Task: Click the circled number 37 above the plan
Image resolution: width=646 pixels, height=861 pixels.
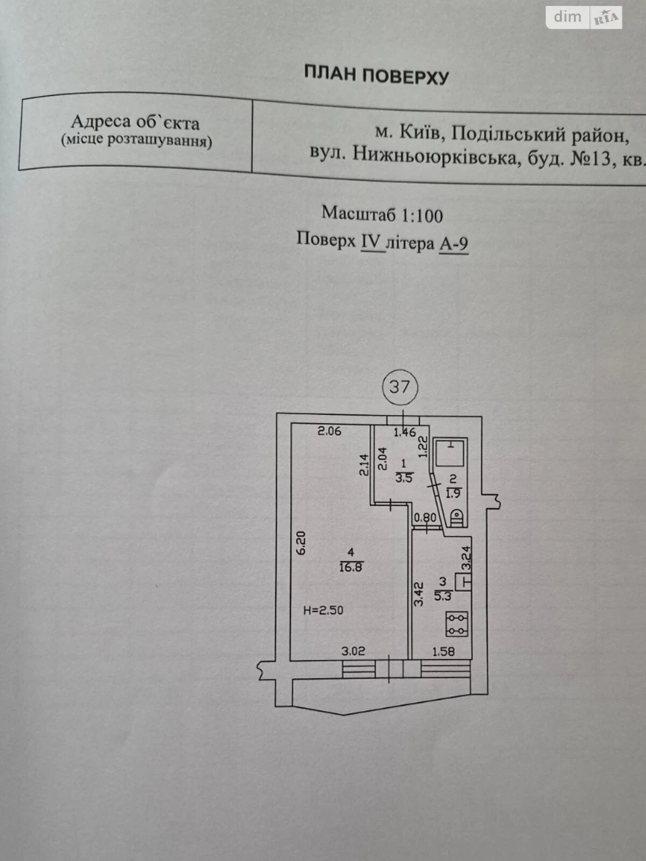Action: coord(400,387)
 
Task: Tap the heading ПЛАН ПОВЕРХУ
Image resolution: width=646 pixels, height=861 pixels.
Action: coord(377,75)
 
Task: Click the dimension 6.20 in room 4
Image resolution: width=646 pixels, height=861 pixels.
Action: coord(300,543)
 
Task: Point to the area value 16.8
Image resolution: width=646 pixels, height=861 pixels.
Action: coord(351,567)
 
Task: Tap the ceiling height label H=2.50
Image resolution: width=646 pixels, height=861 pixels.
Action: coord(324,610)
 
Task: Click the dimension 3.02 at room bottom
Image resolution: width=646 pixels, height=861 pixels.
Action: coord(353,652)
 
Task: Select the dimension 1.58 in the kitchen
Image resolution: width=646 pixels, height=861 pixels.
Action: coord(443,652)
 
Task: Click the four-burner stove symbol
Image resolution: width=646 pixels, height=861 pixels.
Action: coord(457,624)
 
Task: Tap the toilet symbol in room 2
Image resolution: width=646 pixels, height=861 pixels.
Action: coord(457,517)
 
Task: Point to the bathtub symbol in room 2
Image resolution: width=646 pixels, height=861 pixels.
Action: coord(451,453)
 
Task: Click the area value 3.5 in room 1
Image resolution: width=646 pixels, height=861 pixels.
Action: coord(404,478)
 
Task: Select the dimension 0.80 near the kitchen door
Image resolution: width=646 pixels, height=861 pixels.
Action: coord(425,518)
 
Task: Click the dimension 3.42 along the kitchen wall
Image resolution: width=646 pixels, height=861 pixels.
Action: coord(419,594)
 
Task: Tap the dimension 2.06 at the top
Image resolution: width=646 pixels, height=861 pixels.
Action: coord(330,431)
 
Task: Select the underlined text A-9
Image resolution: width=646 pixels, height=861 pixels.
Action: coord(454,245)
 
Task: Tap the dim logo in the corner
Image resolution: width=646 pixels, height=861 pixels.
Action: coord(567,17)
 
